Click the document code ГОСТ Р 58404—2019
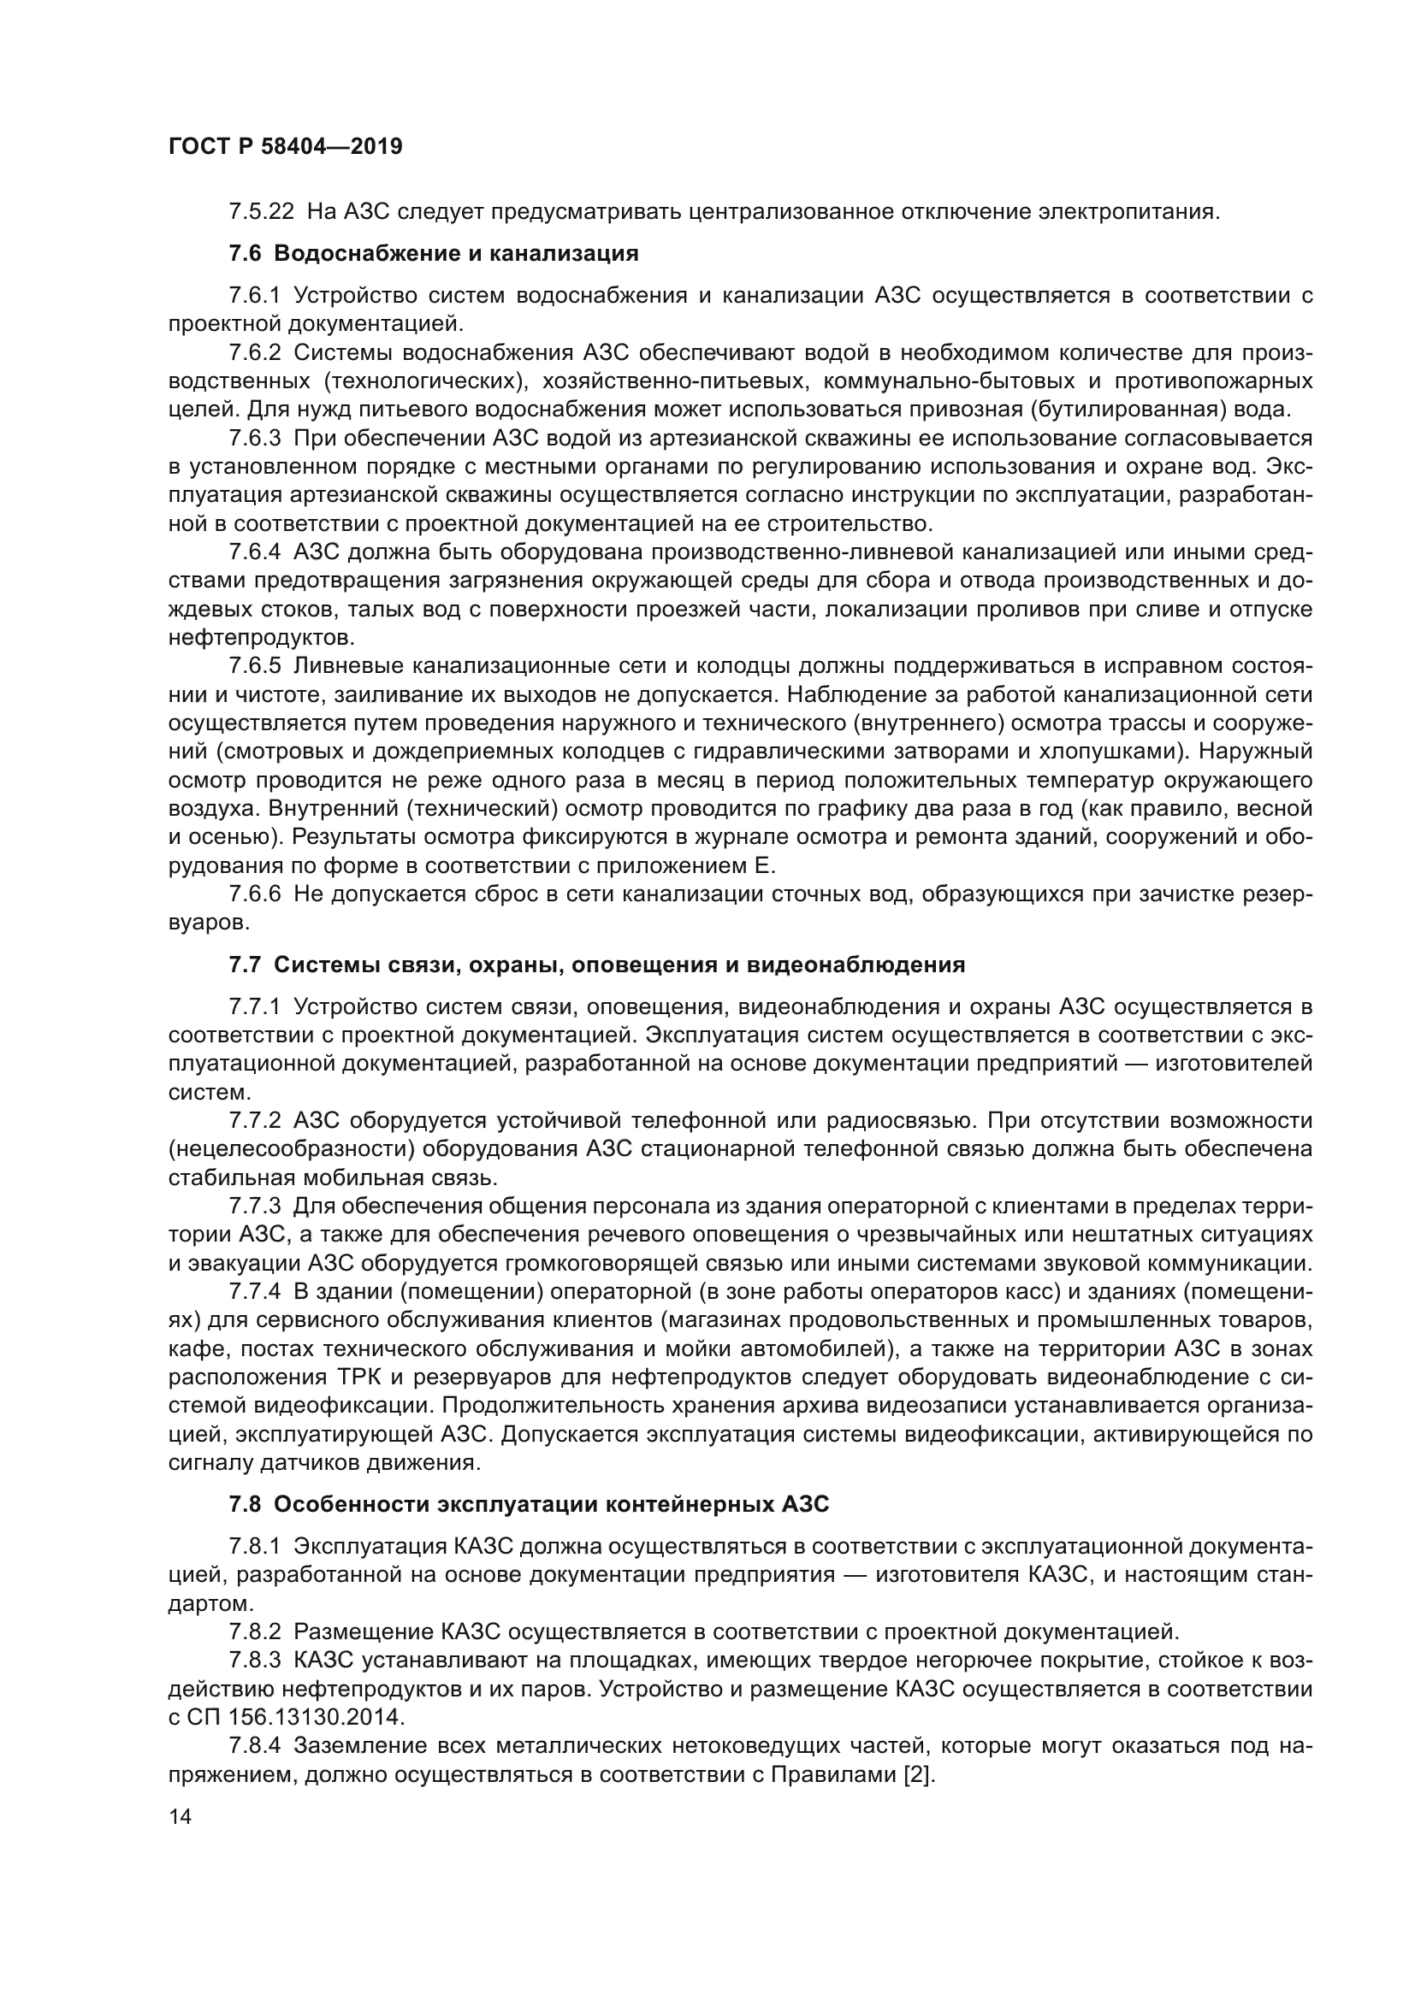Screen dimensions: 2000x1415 tap(285, 146)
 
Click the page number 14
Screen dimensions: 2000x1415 tap(181, 1816)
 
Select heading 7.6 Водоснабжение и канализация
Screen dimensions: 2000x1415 tap(433, 253)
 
